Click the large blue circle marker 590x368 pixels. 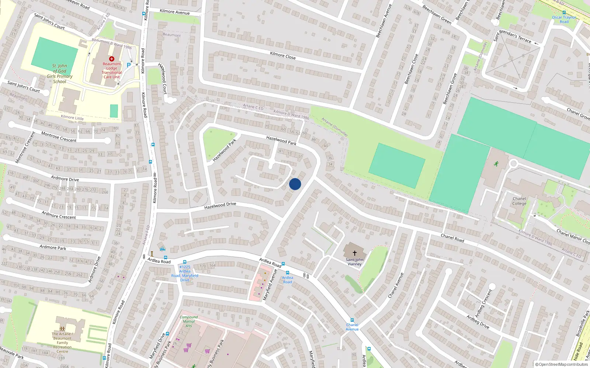[x=295, y=184]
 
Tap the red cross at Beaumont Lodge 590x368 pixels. [x=112, y=59]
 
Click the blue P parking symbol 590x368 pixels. [x=128, y=65]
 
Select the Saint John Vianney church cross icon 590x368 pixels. [x=355, y=253]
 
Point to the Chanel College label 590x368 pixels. [x=519, y=201]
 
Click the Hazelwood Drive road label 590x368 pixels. [x=220, y=206]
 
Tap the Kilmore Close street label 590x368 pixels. [x=283, y=55]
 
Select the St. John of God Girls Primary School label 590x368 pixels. [x=60, y=74]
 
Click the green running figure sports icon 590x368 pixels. [x=496, y=164]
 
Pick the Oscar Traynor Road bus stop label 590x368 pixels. [x=564, y=19]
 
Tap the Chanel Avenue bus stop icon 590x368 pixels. [x=352, y=320]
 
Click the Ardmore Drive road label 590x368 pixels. [x=65, y=179]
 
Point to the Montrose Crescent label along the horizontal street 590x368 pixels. [x=59, y=137]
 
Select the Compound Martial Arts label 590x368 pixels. [x=188, y=321]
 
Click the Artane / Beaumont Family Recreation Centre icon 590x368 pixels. [x=62, y=328]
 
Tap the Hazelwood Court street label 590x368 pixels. [x=163, y=78]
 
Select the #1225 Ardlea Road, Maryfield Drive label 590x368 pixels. [x=184, y=273]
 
